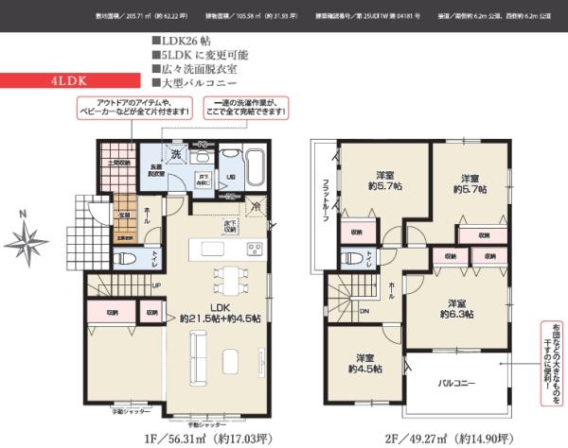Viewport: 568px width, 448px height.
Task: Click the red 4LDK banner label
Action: pyautogui.click(x=72, y=82)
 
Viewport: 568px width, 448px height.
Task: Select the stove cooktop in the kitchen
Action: pyautogui.click(x=255, y=249)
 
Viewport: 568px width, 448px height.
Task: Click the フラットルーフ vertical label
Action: pyautogui.click(x=325, y=198)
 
